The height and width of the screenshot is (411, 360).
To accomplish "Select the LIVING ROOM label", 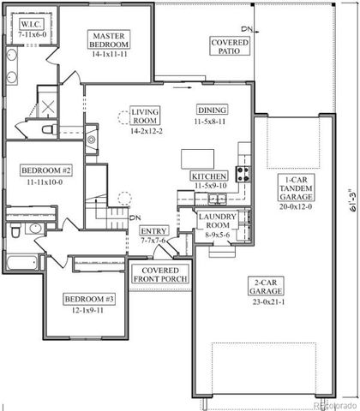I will tap(146, 116).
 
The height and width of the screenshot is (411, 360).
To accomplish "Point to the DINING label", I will tap(212, 110).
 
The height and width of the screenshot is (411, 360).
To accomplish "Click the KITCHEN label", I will tap(208, 176).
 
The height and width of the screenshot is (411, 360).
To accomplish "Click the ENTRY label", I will tap(153, 231).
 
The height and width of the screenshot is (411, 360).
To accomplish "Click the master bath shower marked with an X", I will tap(48, 107).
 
